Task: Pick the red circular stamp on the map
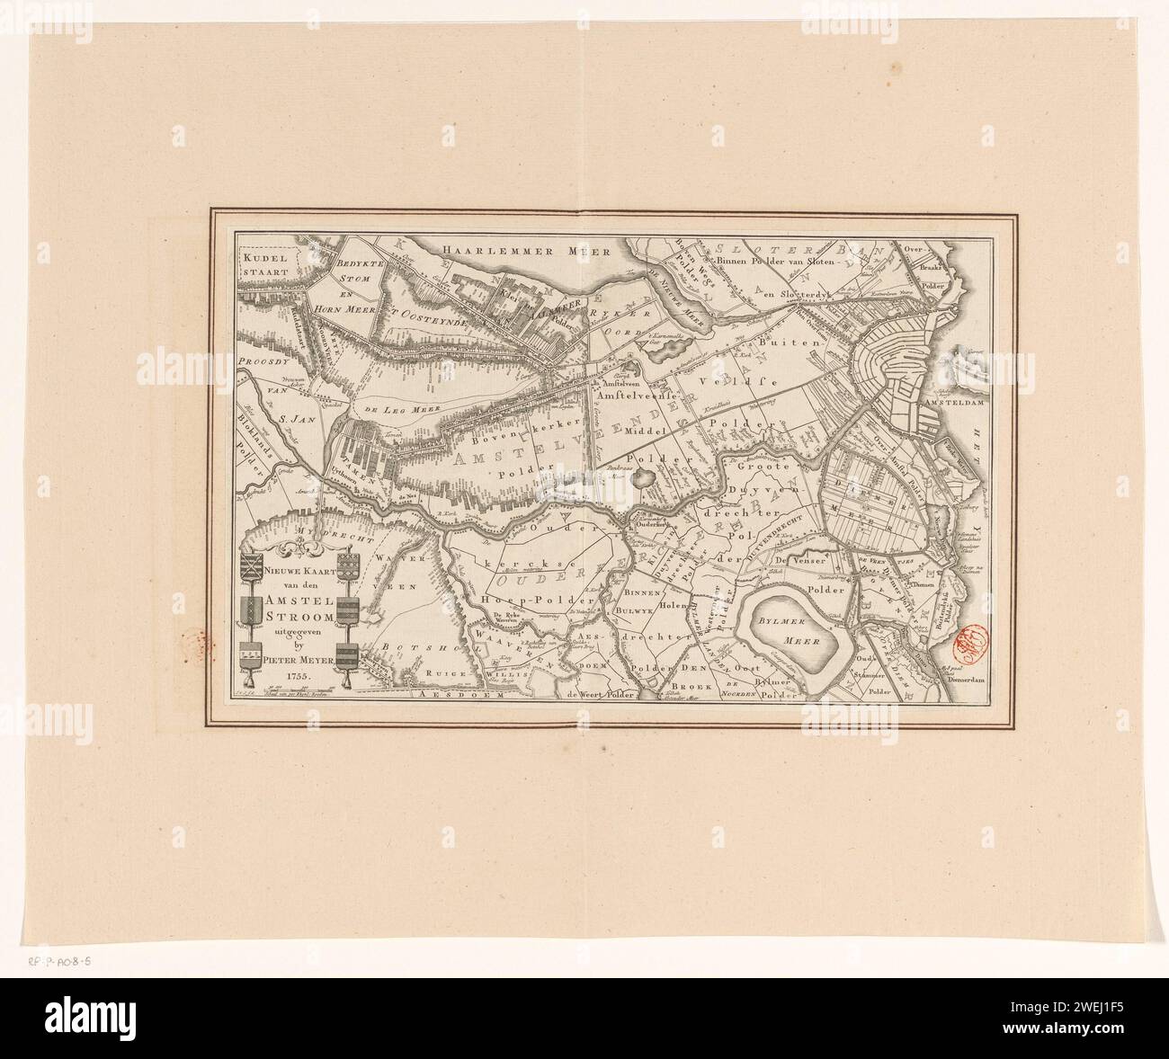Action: pyautogui.click(x=968, y=639)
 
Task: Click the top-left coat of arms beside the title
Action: pyautogui.click(x=253, y=566)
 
